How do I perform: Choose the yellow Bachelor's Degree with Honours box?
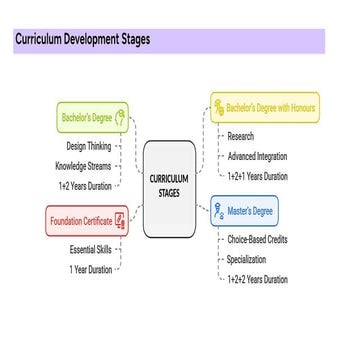[264, 107]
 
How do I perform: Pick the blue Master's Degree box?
[245, 211]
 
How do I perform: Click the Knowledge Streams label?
[82, 165]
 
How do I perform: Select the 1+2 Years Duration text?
[84, 185]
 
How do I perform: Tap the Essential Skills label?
[90, 249]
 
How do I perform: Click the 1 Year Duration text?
[90, 269]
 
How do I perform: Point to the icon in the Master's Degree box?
[220, 211]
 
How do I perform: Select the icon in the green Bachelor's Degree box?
[122, 118]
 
